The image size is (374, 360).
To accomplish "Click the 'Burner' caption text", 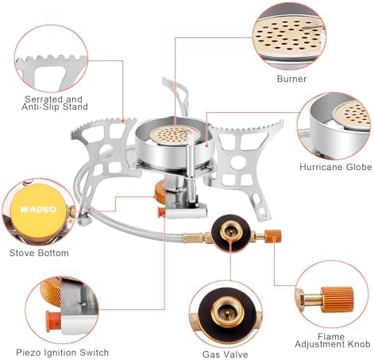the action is (x=291, y=79).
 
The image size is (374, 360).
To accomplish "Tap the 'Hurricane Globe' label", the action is (x=336, y=167).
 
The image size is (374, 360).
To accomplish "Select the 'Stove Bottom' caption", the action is (x=39, y=253).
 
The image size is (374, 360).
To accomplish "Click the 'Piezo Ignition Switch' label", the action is (x=63, y=353).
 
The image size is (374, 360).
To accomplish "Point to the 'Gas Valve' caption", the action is (x=226, y=354).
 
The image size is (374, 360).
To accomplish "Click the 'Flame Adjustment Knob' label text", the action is (x=333, y=340).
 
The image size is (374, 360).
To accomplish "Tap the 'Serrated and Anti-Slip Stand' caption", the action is (x=55, y=103).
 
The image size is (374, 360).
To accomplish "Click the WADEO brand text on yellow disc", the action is (x=39, y=209).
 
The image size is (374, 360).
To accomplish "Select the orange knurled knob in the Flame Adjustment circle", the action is (x=337, y=300).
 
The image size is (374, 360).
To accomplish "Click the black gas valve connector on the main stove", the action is (x=230, y=233).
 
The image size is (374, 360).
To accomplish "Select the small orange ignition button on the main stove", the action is (x=161, y=212).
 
